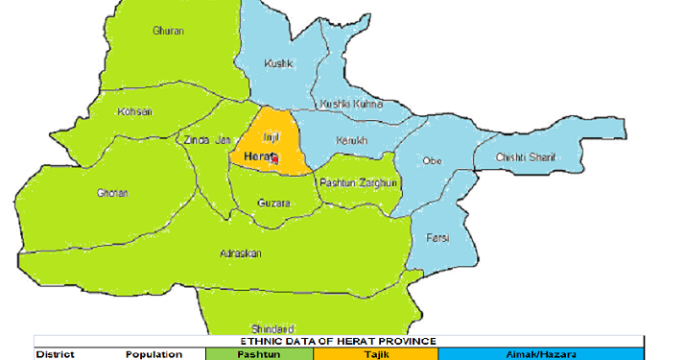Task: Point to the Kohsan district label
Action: pyautogui.click(x=134, y=111)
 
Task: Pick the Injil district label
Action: pyautogui.click(x=271, y=138)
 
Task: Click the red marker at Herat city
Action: pyautogui.click(x=275, y=159)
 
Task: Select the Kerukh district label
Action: pyautogui.click(x=352, y=141)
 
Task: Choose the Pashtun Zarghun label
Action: pyautogui.click(x=358, y=182)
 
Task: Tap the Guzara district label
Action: pyautogui.click(x=274, y=204)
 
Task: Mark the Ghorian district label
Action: pyautogui.click(x=112, y=193)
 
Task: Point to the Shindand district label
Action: pyautogui.click(x=272, y=327)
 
